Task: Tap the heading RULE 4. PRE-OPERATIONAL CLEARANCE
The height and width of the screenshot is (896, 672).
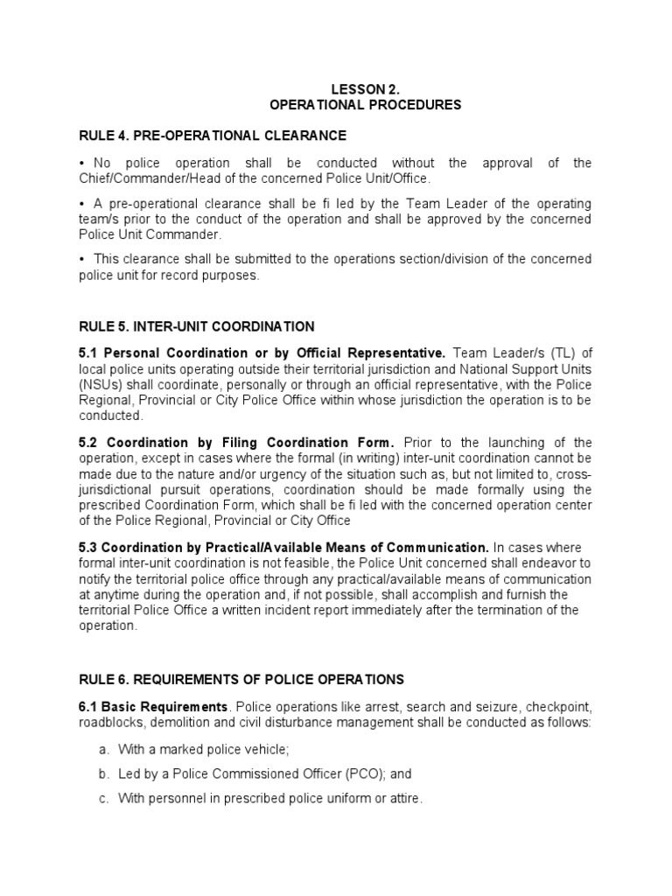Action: [213, 136]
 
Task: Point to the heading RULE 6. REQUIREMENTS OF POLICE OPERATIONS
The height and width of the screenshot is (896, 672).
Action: [241, 679]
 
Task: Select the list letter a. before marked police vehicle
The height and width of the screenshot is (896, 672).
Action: [101, 749]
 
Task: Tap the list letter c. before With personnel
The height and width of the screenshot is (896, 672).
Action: [101, 798]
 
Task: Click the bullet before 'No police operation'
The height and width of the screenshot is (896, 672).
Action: [81, 164]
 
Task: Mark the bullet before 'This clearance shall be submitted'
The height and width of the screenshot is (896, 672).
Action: [81, 259]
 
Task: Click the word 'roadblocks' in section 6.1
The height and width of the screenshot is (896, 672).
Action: [110, 721]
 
